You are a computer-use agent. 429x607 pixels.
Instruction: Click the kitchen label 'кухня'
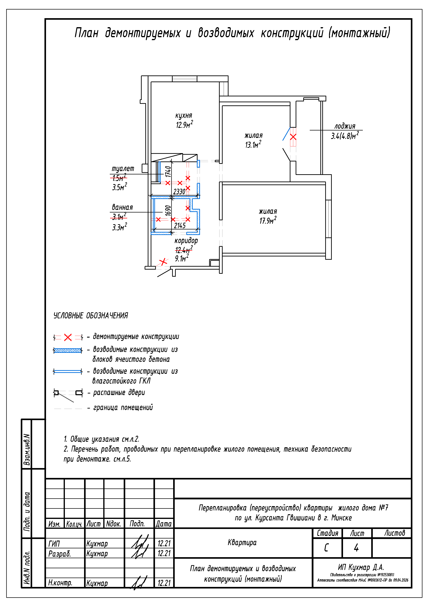tap(184, 116)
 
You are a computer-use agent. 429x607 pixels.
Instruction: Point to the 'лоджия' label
tap(345, 126)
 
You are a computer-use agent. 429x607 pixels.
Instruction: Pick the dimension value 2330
tap(179, 191)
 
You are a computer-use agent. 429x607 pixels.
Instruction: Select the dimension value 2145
tap(180, 225)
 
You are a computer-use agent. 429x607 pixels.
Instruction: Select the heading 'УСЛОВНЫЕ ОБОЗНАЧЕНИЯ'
tap(91, 315)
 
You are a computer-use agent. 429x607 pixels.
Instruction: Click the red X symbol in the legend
tap(68, 337)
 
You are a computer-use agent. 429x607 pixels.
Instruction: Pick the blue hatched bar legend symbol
tap(68, 351)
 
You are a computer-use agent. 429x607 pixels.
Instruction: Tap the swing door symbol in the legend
tap(68, 395)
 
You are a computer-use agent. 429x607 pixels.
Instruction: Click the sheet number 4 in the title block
tap(356, 547)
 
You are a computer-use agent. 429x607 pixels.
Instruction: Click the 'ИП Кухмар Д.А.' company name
tap(361, 567)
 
